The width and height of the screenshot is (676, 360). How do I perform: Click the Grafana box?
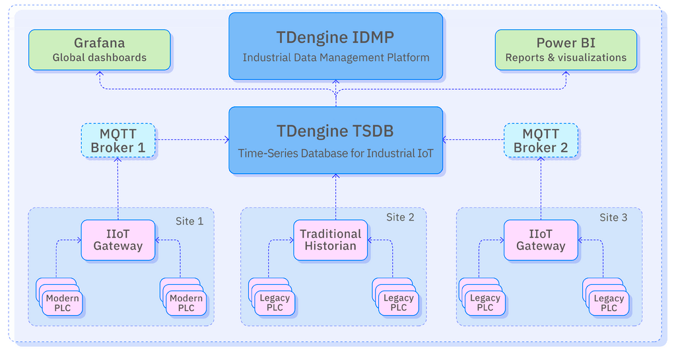point(99,50)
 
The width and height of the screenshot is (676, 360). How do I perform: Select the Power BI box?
point(566,50)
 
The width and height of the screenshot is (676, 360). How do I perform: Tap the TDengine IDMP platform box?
point(335,46)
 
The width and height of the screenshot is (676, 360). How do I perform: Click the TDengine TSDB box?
point(335,140)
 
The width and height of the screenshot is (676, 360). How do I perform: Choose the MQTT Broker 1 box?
point(118,140)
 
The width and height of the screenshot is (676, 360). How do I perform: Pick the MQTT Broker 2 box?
point(541,140)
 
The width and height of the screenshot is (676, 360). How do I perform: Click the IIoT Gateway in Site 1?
point(118,239)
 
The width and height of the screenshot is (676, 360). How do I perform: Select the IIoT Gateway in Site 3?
point(541,239)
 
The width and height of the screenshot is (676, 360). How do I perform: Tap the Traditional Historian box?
point(330,239)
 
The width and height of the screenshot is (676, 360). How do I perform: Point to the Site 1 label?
point(189,221)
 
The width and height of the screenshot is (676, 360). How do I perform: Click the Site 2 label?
point(400,217)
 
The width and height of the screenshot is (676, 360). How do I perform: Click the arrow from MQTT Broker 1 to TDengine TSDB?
point(191,140)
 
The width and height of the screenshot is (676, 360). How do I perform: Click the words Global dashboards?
point(99,57)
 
